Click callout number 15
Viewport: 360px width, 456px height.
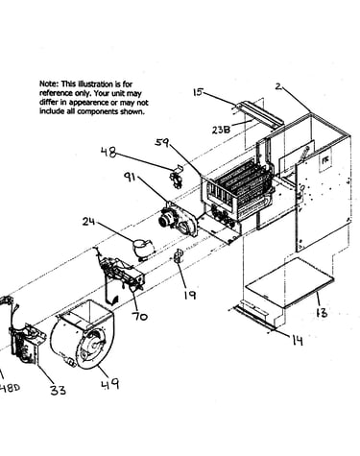tap(198, 92)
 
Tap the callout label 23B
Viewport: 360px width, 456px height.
tap(221, 130)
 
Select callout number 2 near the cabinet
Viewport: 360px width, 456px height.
tap(278, 86)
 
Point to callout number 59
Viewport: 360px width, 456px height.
tap(162, 142)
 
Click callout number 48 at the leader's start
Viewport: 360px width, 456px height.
tap(108, 152)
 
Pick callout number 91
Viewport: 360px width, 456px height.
tap(131, 177)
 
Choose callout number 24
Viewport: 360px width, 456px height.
tap(88, 221)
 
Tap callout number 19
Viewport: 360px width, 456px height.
tap(190, 295)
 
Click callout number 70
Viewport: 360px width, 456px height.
tap(140, 316)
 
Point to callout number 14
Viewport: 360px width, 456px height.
tap(298, 341)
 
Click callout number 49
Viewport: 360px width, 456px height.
tap(110, 384)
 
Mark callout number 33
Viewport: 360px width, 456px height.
tap(58, 390)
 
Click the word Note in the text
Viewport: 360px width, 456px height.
tap(49, 84)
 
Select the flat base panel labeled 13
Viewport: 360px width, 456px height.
tap(289, 282)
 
